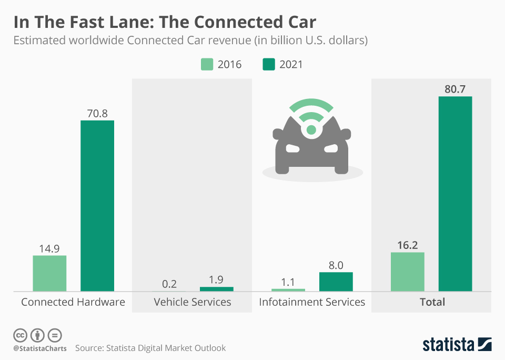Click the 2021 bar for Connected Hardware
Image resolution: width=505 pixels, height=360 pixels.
(97, 206)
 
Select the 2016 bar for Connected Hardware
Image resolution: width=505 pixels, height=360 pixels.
(49, 273)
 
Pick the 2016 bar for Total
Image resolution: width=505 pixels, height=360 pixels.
(407, 272)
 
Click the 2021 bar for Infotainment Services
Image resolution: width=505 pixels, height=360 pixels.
(336, 282)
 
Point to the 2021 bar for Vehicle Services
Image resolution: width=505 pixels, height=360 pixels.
(216, 289)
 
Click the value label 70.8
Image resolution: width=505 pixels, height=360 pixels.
(97, 113)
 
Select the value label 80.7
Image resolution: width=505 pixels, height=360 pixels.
(455, 89)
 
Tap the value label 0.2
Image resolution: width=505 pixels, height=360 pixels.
(169, 284)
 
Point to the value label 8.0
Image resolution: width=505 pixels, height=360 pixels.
(336, 265)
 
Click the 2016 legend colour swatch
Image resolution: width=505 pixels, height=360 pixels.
(207, 64)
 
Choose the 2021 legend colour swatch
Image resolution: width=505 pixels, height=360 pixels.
(269, 64)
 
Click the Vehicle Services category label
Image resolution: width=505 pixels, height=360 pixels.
(192, 302)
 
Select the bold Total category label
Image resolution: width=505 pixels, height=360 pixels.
(432, 302)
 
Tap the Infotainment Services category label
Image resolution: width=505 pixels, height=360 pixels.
(312, 302)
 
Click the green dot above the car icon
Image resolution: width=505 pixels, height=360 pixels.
(311, 129)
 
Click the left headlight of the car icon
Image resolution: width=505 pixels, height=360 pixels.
(293, 148)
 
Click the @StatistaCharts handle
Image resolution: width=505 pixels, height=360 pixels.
(40, 348)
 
